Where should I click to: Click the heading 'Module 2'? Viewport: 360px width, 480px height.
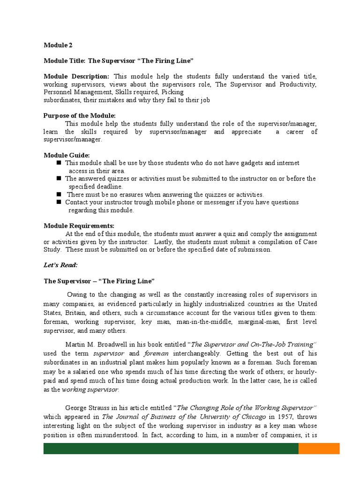[x=58, y=45]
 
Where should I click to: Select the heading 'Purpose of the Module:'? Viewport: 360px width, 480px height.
[x=79, y=116]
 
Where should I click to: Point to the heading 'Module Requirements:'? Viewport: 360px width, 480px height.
[x=79, y=226]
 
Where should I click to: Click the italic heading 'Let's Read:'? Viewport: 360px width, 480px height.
[x=60, y=265]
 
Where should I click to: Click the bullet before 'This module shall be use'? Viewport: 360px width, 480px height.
[x=59, y=163]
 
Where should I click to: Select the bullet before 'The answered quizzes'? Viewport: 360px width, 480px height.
[x=59, y=179]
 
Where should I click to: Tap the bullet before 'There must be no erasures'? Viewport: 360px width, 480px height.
[x=59, y=194]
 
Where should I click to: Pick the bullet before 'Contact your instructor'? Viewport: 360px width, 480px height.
[x=59, y=202]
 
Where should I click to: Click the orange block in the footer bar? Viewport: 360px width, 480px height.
[x=319, y=449]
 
